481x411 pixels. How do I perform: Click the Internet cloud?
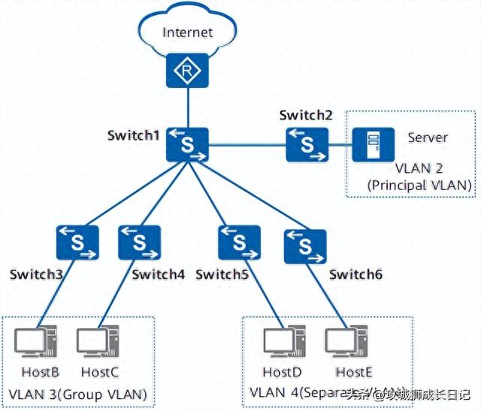(x=187, y=32)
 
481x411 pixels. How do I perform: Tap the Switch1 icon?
(x=187, y=144)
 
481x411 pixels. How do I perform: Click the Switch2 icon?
(x=307, y=144)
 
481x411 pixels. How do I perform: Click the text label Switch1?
(x=134, y=135)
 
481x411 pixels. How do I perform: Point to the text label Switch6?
(x=355, y=275)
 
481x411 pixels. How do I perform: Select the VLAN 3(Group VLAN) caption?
(x=77, y=394)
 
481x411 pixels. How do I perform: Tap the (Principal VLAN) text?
(x=419, y=185)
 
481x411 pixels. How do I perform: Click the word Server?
(x=428, y=138)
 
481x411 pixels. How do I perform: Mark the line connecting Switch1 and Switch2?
(x=247, y=144)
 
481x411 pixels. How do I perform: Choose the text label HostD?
(x=282, y=373)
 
